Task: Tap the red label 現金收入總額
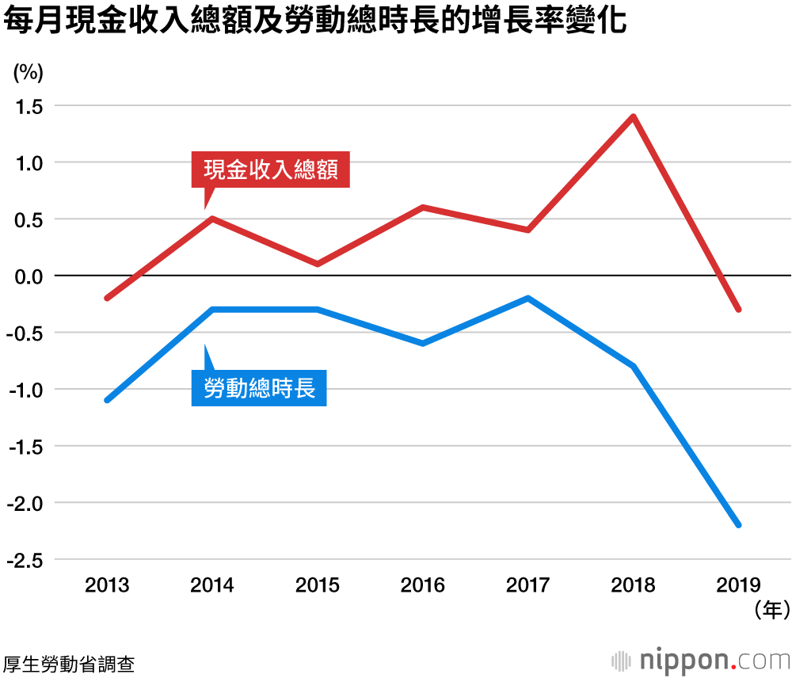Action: pyautogui.click(x=271, y=169)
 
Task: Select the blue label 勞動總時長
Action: pyautogui.click(x=259, y=389)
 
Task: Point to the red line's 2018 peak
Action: pyautogui.click(x=633, y=117)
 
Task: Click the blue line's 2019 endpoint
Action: pyautogui.click(x=738, y=524)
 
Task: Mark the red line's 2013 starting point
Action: pyautogui.click(x=107, y=298)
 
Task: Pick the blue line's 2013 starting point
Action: pyautogui.click(x=107, y=400)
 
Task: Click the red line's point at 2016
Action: pyautogui.click(x=423, y=208)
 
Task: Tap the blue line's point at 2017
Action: pyautogui.click(x=527, y=299)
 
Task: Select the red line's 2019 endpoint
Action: pyautogui.click(x=738, y=309)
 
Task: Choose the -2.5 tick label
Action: pyautogui.click(x=25, y=560)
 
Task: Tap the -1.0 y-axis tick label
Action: pyautogui.click(x=25, y=390)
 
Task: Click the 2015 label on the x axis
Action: pyautogui.click(x=318, y=585)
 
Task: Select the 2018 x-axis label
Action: pyautogui.click(x=633, y=585)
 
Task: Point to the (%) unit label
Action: pyautogui.click(x=29, y=72)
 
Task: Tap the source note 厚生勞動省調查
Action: pyautogui.click(x=69, y=664)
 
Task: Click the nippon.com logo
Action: pyautogui.click(x=701, y=660)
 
